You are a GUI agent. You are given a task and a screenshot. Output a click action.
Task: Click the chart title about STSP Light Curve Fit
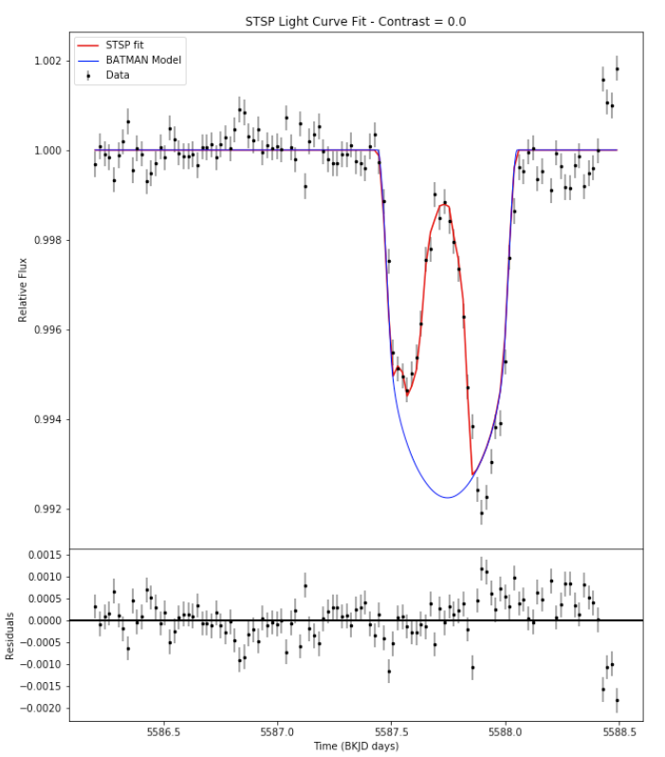click(x=355, y=21)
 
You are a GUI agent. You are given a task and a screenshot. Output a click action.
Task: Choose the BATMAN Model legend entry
click(x=143, y=60)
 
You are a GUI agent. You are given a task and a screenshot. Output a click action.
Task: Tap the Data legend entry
click(x=118, y=75)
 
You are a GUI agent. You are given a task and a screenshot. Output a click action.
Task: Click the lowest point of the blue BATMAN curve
click(x=448, y=497)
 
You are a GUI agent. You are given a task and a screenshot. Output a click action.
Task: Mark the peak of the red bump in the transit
click(x=443, y=204)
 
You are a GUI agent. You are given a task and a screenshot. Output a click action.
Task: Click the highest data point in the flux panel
click(x=617, y=68)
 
